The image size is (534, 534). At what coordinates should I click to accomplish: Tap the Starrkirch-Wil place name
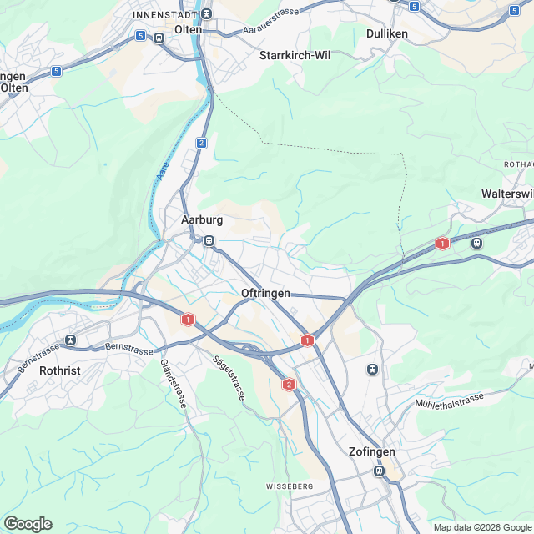coord(295,55)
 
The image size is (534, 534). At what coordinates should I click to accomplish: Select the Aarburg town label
coord(202,220)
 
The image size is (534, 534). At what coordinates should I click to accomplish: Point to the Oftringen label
coord(265,294)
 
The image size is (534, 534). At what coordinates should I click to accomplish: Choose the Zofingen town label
coord(371,451)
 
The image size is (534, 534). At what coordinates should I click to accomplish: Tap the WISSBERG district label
coord(290,486)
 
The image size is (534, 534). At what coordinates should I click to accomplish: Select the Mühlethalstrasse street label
coord(449,402)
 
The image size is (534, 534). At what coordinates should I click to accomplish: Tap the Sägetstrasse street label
coord(229,377)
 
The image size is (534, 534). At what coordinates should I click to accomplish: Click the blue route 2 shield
coord(202,143)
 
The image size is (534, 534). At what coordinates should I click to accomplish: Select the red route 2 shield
coord(289,384)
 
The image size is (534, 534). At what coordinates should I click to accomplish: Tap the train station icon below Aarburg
coord(209,241)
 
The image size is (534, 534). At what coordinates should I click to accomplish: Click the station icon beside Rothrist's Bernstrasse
coord(70,340)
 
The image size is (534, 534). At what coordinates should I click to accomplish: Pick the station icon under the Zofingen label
coord(380,471)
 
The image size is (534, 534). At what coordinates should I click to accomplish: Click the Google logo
coord(28,523)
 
